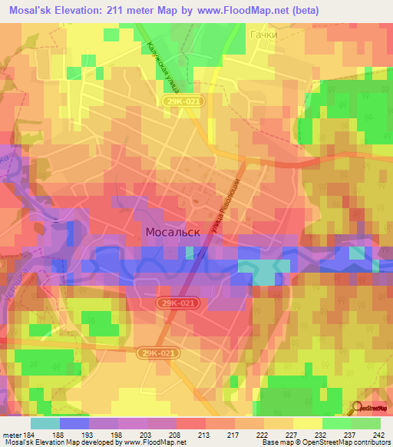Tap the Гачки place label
(x=263, y=35)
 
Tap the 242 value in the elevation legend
(x=378, y=434)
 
